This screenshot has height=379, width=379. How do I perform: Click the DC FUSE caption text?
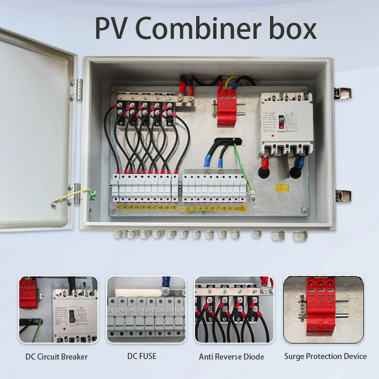pos(142,356)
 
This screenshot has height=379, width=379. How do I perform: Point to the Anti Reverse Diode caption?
pos(231,356)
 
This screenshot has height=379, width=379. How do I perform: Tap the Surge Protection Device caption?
pos(325,356)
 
